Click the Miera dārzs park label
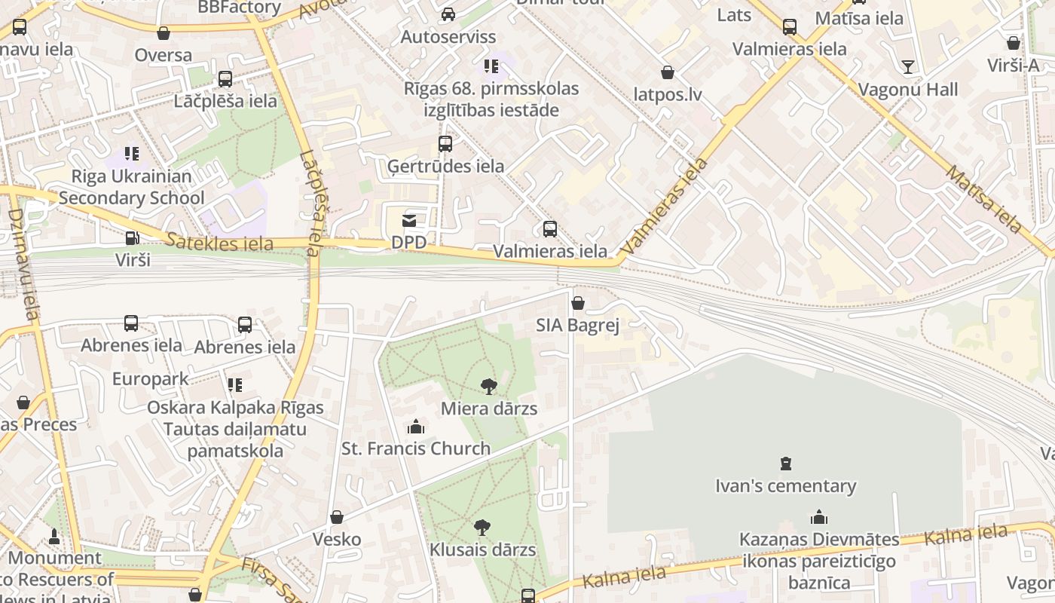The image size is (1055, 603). click(x=488, y=409)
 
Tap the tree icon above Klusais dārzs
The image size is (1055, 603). click(x=482, y=527)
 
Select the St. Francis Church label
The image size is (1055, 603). click(x=416, y=448)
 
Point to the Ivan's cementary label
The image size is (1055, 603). click(x=785, y=486)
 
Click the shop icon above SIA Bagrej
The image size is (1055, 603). click(x=577, y=303)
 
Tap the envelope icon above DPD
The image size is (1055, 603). click(x=408, y=221)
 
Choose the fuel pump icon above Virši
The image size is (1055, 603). click(x=133, y=238)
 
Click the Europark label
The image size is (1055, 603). click(x=151, y=378)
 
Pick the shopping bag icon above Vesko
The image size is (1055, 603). click(x=337, y=517)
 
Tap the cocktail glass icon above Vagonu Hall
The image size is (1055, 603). click(x=908, y=67)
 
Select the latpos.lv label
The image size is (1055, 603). click(x=668, y=95)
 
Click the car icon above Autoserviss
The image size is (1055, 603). click(x=448, y=14)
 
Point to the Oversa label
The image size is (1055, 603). click(x=164, y=55)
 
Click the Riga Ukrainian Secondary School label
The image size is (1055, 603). click(x=132, y=187)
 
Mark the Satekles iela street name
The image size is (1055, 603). click(x=220, y=243)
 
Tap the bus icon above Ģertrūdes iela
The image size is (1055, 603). click(x=445, y=143)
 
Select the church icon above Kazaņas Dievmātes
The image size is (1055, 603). click(x=818, y=517)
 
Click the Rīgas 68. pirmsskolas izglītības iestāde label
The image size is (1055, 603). click(x=491, y=99)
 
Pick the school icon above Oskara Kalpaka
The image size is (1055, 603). click(x=235, y=385)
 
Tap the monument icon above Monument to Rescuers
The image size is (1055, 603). click(x=54, y=537)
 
